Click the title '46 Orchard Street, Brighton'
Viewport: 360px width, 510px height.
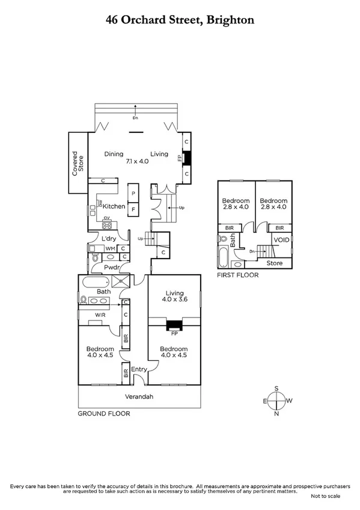pos(180,20)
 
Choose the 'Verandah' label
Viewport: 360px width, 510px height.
pos(138,396)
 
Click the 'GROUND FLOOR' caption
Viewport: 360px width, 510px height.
pos(104,413)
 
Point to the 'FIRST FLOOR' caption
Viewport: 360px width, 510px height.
pos(238,275)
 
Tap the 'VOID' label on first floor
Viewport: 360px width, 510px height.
pos(281,240)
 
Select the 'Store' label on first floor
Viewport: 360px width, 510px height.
pos(275,263)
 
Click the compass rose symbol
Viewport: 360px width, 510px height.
pos(276,401)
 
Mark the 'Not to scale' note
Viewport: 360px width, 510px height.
pos(325,496)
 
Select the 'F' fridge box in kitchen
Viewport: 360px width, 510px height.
pos(133,209)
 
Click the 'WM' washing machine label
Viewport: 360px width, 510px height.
pos(110,248)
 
